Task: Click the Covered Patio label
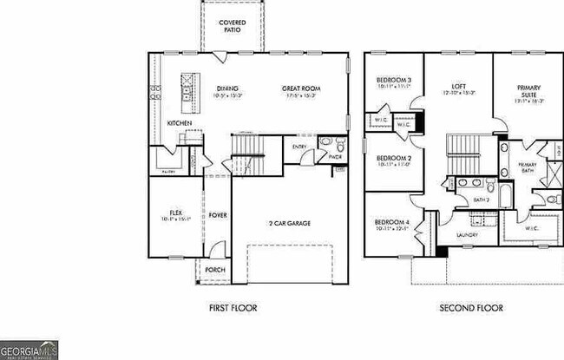[x=230, y=25]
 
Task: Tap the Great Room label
[x=300, y=88]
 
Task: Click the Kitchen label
[x=180, y=123]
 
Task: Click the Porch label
[x=214, y=270]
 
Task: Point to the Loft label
[x=460, y=88]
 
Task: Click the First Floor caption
[x=233, y=307]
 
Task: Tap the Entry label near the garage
[x=299, y=147]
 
